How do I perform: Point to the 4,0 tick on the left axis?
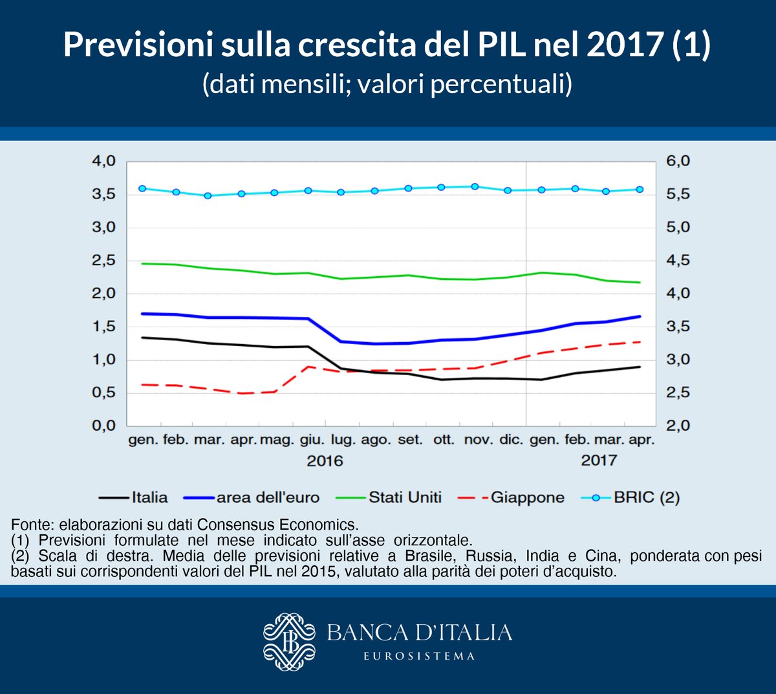click(x=103, y=161)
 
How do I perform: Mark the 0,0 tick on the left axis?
click(x=103, y=426)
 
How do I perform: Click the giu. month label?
click(x=312, y=440)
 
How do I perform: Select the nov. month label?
click(x=478, y=440)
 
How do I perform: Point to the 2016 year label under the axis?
click(x=325, y=461)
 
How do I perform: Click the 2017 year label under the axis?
click(x=599, y=461)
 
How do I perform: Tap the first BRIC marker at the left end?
click(x=142, y=189)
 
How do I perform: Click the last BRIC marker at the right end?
click(x=640, y=190)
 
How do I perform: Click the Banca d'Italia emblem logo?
click(x=289, y=641)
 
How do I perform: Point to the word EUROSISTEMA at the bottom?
click(x=419, y=656)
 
